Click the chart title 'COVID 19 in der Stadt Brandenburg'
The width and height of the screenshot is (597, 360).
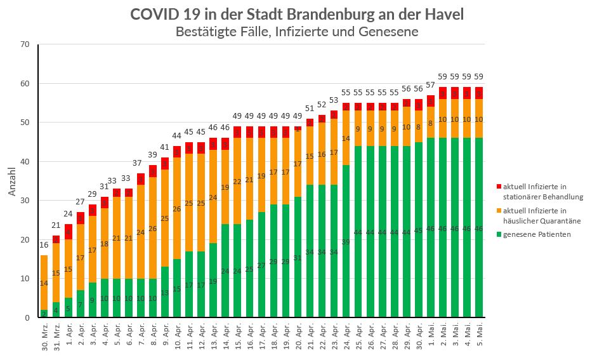tap(297, 15)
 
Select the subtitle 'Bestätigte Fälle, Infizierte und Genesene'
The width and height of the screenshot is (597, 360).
tap(297, 32)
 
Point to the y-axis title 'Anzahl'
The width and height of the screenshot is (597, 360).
tap(11, 181)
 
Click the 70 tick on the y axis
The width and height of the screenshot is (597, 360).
tap(25, 44)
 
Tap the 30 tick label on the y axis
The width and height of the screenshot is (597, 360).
tap(25, 201)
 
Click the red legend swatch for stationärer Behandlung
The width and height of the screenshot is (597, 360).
tap(499, 187)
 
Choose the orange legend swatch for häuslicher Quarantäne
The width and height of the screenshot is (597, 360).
tap(499, 211)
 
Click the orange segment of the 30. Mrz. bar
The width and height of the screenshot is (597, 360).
tap(44, 283)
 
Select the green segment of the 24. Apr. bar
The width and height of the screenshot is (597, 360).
tap(346, 241)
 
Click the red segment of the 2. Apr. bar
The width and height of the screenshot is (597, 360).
tap(80, 218)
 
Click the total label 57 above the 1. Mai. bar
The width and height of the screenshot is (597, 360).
tap(430, 85)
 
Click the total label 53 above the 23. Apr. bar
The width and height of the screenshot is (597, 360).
tap(334, 100)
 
